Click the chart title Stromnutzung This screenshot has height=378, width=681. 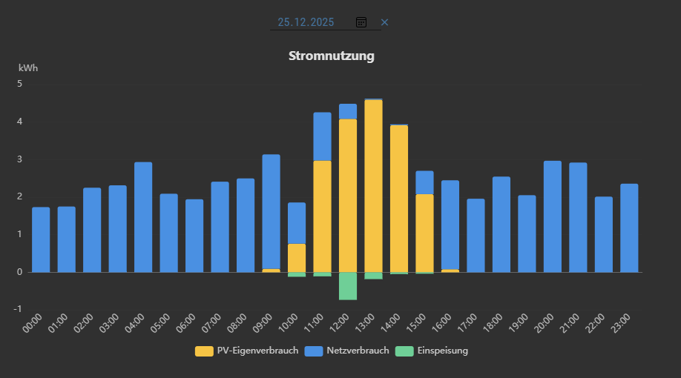331,56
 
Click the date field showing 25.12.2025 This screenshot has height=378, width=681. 306,22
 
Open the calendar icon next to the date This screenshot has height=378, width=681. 361,22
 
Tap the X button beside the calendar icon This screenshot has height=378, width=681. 384,22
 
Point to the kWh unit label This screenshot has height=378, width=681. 28,68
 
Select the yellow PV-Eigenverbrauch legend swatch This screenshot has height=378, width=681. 204,351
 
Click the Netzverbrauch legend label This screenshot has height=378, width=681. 357,351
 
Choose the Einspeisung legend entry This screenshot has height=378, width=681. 441,351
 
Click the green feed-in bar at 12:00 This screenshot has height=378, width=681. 348,285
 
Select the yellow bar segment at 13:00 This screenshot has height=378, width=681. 373,185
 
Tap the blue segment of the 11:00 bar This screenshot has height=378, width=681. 322,136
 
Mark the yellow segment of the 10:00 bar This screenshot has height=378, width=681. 297,257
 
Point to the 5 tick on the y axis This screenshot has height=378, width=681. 20,84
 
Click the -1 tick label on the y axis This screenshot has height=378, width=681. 19,309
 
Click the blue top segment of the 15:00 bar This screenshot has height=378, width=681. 424,182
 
